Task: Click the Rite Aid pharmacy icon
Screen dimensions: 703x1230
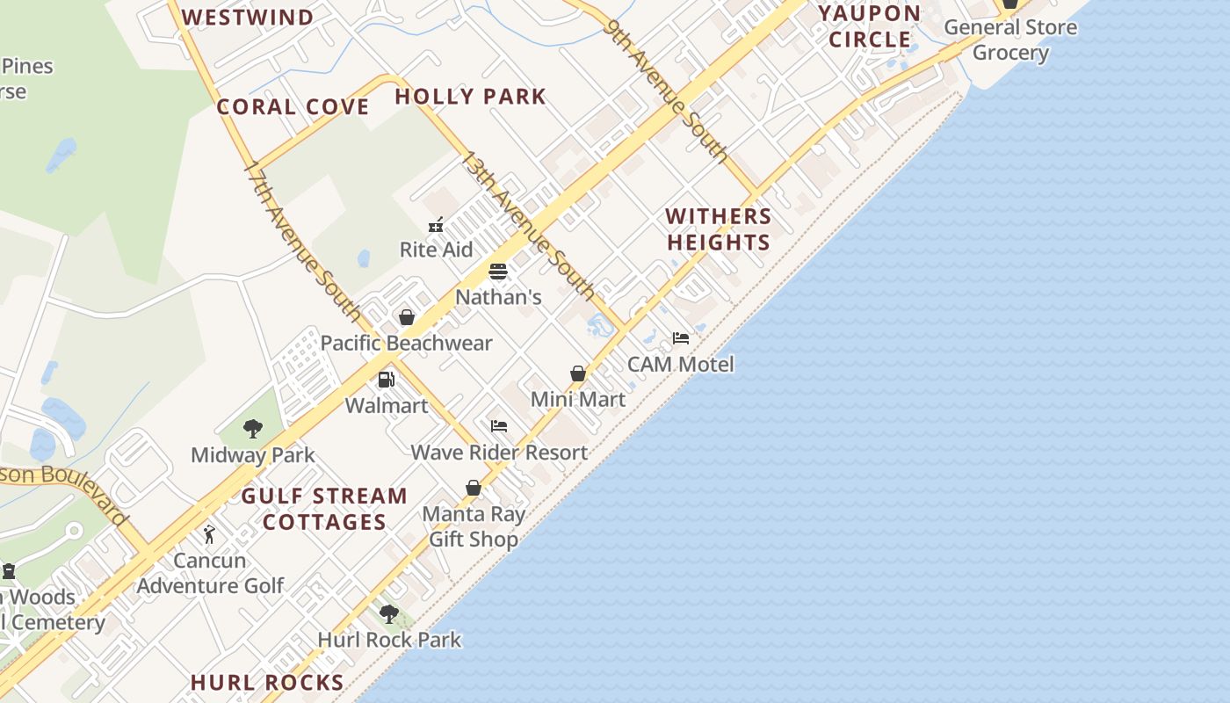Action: [436, 225]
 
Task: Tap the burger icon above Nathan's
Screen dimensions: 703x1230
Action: [498, 272]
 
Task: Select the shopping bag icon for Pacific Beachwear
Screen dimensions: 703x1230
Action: [407, 317]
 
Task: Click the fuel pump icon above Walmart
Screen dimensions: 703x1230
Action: [386, 380]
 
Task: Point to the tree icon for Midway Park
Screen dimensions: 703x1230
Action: [253, 429]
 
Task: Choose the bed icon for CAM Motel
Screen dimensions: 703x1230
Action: [681, 338]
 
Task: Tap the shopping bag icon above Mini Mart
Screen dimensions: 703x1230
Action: [578, 374]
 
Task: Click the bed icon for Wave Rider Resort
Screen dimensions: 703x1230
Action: [499, 426]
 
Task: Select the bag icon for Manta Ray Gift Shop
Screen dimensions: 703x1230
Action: [474, 488]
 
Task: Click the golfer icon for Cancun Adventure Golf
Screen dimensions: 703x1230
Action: [209, 534]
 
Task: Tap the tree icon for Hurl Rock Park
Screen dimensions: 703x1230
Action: [389, 614]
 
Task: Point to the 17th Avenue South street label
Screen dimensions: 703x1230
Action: [302, 240]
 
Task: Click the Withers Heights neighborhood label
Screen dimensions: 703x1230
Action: [719, 228]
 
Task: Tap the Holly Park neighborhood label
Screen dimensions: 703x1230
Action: [470, 96]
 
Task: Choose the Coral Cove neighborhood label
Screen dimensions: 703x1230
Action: [293, 107]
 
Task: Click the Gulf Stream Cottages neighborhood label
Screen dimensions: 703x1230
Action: [324, 509]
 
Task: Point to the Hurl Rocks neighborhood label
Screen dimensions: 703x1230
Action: [267, 683]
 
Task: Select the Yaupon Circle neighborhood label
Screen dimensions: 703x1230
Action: [870, 26]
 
